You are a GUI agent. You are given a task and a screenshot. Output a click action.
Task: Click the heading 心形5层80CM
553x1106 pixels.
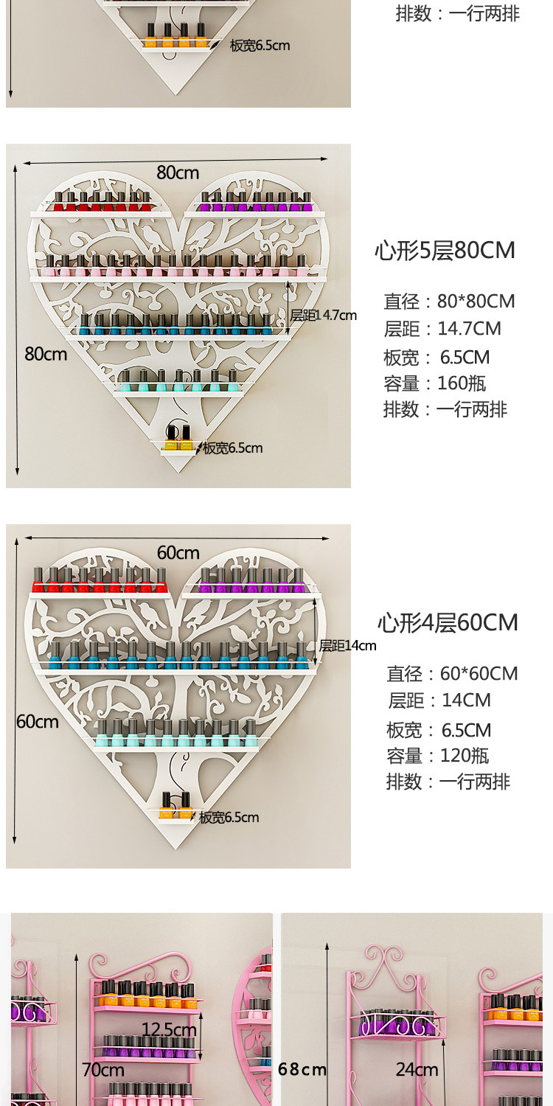pos(445,251)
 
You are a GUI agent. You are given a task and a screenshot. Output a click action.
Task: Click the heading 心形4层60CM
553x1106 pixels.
pos(448,622)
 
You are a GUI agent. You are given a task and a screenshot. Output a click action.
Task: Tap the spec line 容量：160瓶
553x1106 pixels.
pos(434,383)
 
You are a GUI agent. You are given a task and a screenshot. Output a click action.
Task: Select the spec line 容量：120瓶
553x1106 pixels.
pos(437,756)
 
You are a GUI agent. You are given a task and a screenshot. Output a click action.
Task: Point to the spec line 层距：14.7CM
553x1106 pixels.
pos(442,328)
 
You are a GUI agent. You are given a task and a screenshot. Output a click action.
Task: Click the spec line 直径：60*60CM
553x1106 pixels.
pos(452,673)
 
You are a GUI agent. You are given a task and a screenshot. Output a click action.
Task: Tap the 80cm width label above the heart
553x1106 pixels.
pos(178,173)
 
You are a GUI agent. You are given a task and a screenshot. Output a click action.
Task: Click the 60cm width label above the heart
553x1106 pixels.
pos(178,552)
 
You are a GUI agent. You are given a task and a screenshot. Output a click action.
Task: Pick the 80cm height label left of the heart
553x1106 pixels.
pos(46,354)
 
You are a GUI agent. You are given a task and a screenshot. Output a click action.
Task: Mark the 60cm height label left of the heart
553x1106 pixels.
pos(38,722)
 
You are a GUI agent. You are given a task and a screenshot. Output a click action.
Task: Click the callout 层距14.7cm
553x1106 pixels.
pos(324,315)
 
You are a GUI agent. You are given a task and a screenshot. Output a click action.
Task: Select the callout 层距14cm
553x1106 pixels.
pos(347,645)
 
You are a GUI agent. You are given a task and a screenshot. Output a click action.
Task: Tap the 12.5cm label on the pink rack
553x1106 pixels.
pos(169,1029)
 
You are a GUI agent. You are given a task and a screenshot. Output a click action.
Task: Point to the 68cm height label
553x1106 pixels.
pos(302,1069)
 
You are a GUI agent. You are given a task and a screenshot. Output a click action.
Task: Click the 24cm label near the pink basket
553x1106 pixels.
pos(417,1069)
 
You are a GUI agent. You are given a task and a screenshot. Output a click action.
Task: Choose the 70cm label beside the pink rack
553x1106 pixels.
pos(103,1069)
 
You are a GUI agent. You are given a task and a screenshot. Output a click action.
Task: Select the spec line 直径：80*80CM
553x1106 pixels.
pos(449,301)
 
